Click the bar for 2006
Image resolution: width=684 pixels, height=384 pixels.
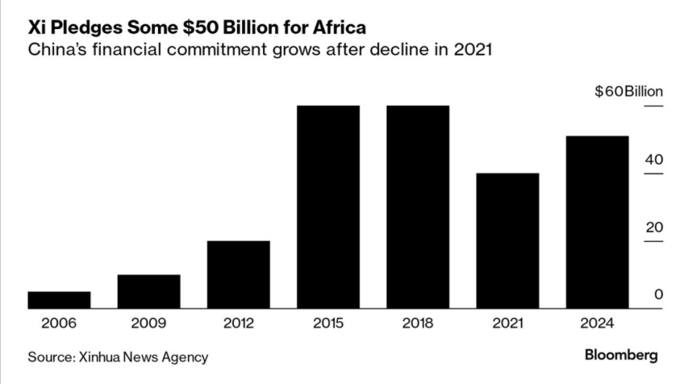[59, 299]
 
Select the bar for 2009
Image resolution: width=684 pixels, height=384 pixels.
[148, 291]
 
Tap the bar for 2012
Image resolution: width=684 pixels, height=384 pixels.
[238, 274]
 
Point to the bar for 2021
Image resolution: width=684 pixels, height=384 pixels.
[507, 240]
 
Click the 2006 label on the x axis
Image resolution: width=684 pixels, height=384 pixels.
[59, 323]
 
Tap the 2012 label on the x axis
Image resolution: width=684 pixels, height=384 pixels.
[238, 323]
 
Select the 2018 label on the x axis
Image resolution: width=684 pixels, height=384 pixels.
[418, 323]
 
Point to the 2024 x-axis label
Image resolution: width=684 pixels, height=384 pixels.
[597, 323]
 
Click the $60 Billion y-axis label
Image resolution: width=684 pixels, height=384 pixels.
[628, 92]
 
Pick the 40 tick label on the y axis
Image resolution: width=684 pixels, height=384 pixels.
[653, 160]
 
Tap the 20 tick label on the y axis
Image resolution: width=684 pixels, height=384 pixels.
[653, 227]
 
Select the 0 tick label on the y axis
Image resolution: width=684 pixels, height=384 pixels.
[658, 295]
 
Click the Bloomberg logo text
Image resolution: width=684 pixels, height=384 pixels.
[621, 355]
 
